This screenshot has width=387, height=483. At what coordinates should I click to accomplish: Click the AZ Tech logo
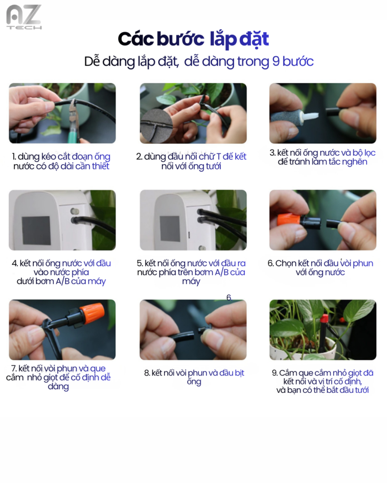click(24, 17)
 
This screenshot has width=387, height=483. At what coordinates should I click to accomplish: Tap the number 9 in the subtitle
click(275, 61)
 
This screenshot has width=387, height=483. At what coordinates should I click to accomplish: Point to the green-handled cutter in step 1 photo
click(74, 123)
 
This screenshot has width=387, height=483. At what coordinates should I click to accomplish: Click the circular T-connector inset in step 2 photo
click(156, 126)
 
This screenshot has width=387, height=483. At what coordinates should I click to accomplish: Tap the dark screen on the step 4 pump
click(36, 230)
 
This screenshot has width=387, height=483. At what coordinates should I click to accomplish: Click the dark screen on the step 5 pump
click(170, 228)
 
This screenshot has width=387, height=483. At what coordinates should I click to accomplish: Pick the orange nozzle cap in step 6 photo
click(289, 220)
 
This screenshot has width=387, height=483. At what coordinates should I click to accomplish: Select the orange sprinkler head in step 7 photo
click(92, 313)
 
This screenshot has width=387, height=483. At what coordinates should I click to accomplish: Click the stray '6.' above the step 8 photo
click(229, 298)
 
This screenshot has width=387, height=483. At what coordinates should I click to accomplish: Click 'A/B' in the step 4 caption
click(63, 281)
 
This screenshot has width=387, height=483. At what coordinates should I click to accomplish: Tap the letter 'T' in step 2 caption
click(218, 157)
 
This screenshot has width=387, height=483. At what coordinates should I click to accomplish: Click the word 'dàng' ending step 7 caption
click(58, 387)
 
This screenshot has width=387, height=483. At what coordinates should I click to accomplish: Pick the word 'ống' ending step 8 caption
click(194, 382)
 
